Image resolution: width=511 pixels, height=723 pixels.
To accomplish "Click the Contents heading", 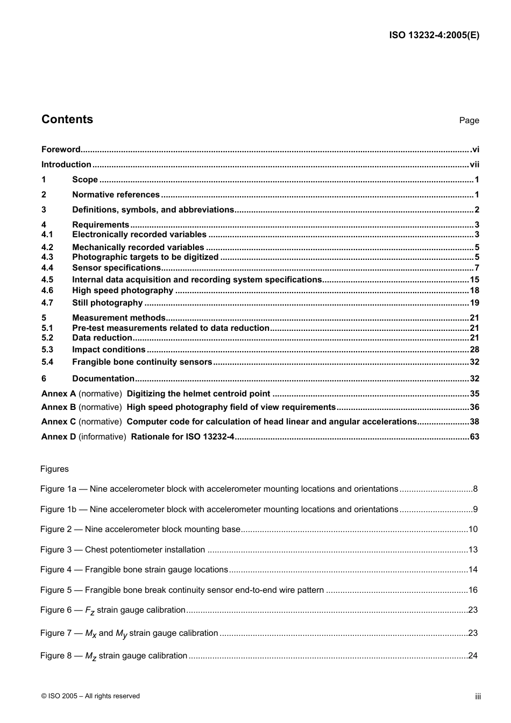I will [x=67, y=119].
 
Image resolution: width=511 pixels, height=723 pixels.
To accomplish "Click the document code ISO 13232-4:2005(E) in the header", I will [x=434, y=36].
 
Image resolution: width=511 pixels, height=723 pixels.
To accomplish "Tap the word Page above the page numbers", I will [x=469, y=120].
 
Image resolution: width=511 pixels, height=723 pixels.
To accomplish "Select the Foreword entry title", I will [x=61, y=150].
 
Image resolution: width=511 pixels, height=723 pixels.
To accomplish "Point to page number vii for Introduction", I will [x=474, y=165].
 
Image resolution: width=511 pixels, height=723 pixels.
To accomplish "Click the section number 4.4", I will [x=47, y=268].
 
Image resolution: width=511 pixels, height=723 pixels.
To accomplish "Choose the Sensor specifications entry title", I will [x=116, y=268].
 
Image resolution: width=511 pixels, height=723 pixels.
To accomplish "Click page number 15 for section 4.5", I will [x=474, y=280].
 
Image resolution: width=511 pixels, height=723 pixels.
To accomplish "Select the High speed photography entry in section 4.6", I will [x=123, y=290].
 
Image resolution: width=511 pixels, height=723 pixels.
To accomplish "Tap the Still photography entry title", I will [x=108, y=303].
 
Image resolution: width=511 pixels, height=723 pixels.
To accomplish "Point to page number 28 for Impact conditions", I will [x=474, y=350].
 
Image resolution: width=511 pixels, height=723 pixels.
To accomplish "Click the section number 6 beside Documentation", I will [x=44, y=379].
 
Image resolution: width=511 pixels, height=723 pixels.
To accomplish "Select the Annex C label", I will [x=59, y=422].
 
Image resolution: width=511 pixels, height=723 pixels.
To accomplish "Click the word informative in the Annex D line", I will [x=102, y=437].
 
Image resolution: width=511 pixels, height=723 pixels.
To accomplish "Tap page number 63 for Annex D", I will [x=474, y=437].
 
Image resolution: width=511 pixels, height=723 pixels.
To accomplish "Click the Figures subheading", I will [x=54, y=469].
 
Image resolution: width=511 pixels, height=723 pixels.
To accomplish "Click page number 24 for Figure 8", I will [x=472, y=656].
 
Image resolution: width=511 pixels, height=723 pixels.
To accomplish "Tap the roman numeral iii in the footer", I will [x=477, y=697].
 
